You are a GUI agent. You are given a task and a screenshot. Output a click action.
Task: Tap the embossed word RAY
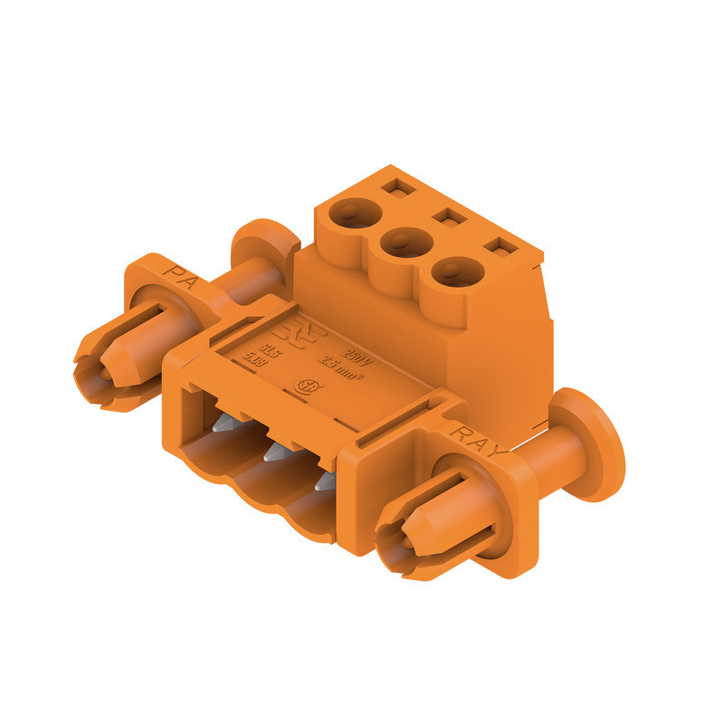pyautogui.click(x=474, y=437)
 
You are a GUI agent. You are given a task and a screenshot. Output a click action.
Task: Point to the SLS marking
pyautogui.click(x=268, y=348)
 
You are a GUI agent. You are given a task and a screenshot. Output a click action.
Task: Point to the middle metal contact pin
pyautogui.click(x=271, y=452)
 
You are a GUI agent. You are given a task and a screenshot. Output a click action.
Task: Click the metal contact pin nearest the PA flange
pyautogui.click(x=223, y=425)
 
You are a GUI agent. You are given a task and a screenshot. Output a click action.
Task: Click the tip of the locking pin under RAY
pyautogui.click(x=394, y=544)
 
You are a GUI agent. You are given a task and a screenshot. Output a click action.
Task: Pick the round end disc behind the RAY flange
pyautogui.click(x=592, y=443)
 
